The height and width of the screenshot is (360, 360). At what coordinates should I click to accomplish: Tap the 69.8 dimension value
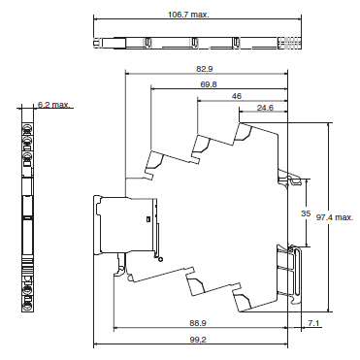click(209, 84)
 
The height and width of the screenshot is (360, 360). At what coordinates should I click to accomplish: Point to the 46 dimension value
click(237, 98)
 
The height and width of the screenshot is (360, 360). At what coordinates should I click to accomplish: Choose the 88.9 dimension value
click(198, 321)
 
